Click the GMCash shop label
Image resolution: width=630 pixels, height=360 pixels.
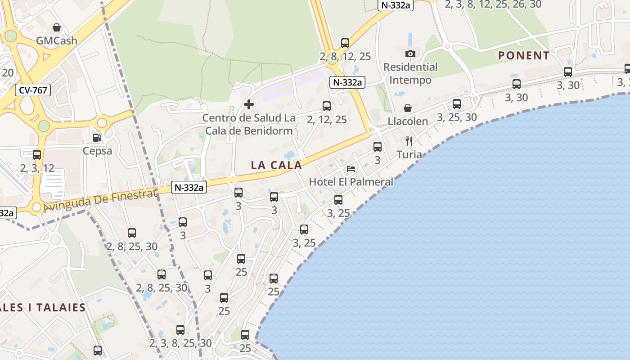click(x=57, y=40)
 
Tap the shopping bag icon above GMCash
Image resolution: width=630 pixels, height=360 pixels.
click(x=57, y=27)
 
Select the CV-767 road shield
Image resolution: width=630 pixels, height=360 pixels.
click(x=33, y=90)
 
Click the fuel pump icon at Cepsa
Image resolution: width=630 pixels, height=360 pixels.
click(x=97, y=138)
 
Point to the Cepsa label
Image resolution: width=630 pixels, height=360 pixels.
click(x=97, y=151)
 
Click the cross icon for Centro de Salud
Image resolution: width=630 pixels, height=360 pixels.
click(x=248, y=105)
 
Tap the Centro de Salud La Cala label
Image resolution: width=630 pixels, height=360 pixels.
click(x=248, y=124)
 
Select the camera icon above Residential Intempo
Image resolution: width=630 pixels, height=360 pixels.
click(x=410, y=54)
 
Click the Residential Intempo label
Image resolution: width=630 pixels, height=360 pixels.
click(x=410, y=73)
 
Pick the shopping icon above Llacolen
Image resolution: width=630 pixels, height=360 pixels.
click(x=408, y=108)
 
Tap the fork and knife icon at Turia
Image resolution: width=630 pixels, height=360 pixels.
click(x=409, y=141)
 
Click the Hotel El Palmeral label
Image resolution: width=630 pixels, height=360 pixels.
click(x=351, y=182)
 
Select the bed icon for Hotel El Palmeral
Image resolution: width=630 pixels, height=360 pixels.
click(x=351, y=169)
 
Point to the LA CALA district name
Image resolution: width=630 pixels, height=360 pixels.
click(x=276, y=165)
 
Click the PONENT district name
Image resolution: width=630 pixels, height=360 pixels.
click(x=523, y=56)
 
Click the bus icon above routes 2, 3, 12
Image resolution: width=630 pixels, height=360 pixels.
click(x=37, y=155)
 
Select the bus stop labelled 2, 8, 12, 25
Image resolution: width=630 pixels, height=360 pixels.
click(x=345, y=43)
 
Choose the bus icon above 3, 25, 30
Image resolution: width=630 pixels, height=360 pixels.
click(x=457, y=104)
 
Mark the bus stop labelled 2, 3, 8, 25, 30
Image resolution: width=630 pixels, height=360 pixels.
click(x=180, y=330)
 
